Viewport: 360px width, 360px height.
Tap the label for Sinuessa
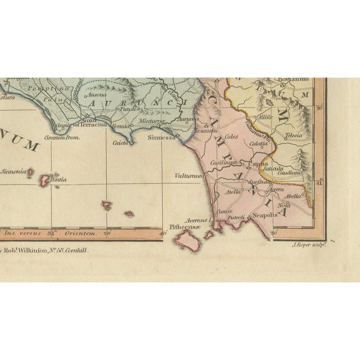tap(160, 137)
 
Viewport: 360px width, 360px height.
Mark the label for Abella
tap(294, 196)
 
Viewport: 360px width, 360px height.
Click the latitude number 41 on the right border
tap(319, 182)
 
